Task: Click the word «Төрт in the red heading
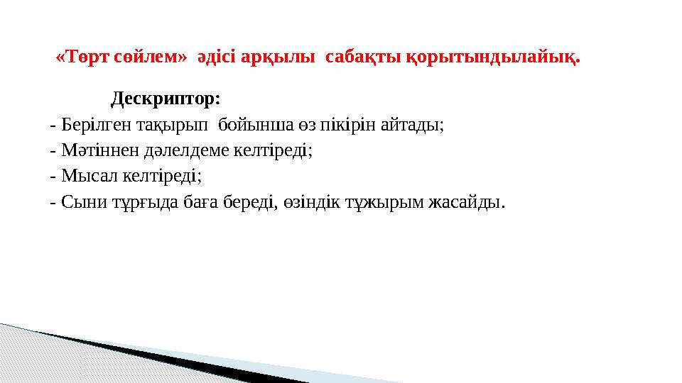click(77, 57)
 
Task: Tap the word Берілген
click(93, 126)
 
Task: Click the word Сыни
click(83, 202)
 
